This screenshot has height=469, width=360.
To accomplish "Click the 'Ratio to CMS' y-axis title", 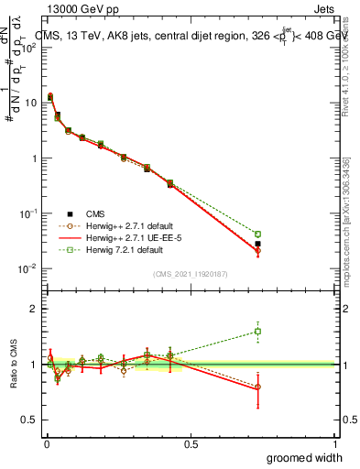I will tap(14, 365).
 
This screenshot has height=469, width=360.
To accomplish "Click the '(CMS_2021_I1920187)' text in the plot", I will tap(191, 273).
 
